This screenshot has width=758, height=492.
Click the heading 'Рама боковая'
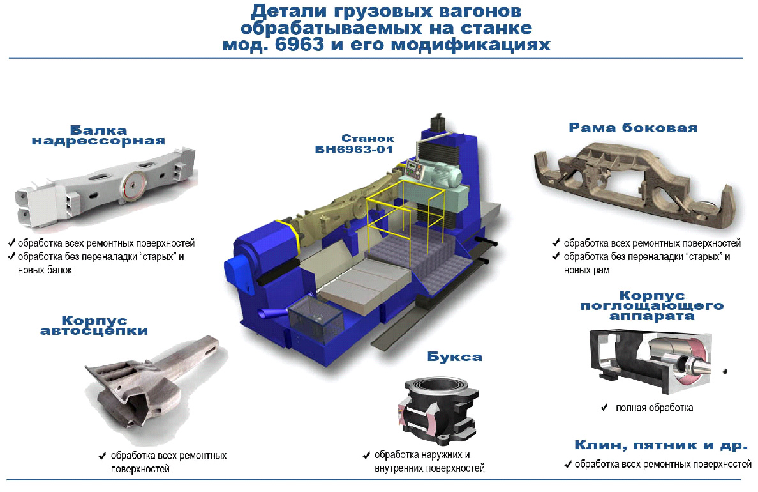point(633,128)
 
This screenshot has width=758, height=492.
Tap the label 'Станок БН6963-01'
point(354,144)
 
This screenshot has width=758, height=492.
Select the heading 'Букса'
point(454,357)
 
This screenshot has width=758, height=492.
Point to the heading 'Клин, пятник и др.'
point(661,445)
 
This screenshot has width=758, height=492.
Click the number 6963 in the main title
point(300,45)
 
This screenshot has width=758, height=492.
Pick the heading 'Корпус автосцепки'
point(94,325)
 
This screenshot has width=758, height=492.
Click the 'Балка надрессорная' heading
point(98,135)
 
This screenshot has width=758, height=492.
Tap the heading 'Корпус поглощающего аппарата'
point(651,305)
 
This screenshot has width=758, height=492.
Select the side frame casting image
point(634,187)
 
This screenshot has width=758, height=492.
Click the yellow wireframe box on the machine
point(405,213)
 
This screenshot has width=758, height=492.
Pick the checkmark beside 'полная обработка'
point(604,407)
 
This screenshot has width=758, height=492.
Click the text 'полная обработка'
point(654,408)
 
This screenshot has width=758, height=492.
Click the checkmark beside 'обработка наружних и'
point(366,455)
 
